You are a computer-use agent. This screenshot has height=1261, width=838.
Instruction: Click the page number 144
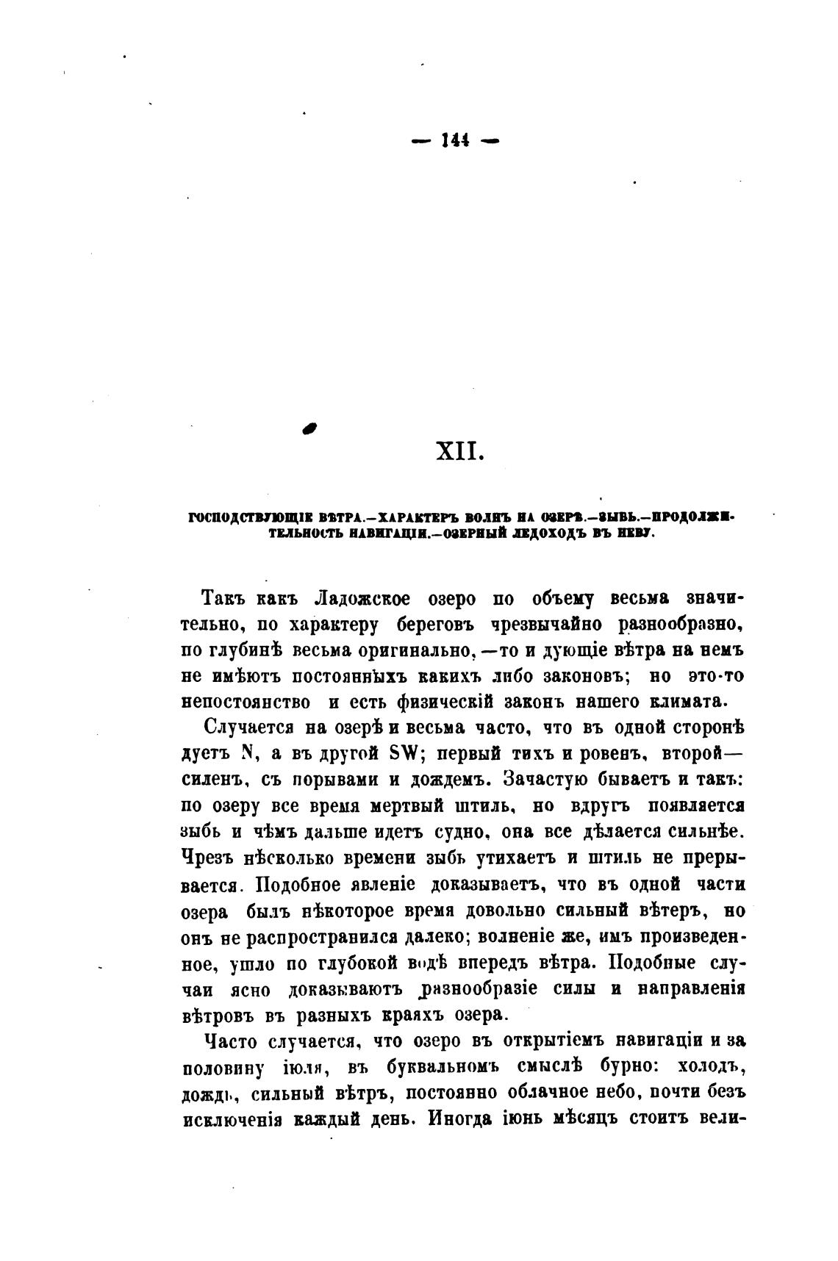456,141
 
